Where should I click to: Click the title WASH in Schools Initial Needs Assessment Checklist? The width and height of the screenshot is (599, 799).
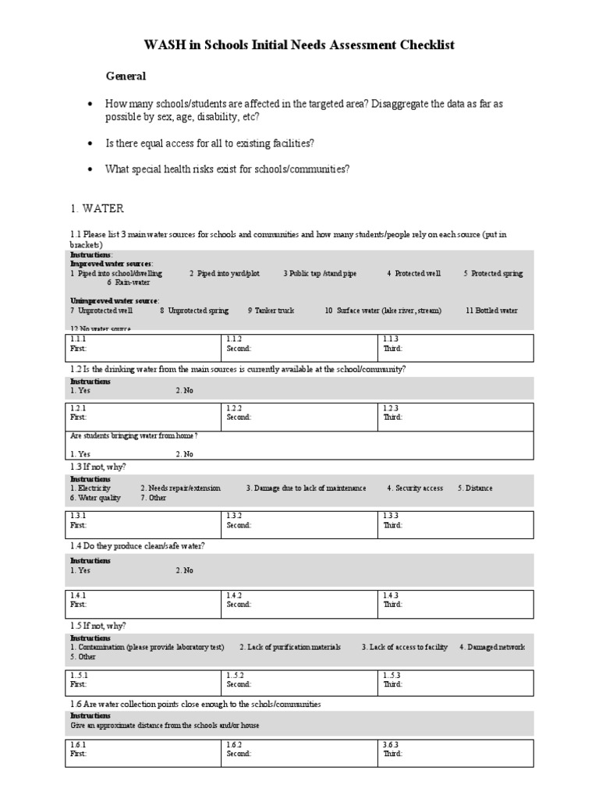pos(299,45)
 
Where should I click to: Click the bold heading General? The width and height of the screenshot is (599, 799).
pos(126,76)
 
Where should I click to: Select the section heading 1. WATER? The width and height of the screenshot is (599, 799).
pos(97,208)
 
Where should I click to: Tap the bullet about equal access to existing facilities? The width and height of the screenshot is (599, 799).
pos(210,143)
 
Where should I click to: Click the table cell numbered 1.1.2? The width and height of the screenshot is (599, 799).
pos(299,344)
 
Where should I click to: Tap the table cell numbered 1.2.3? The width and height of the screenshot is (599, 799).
pos(456,413)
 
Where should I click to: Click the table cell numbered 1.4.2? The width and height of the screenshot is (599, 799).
pos(299,600)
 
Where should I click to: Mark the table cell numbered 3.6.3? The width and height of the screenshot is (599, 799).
pos(456,750)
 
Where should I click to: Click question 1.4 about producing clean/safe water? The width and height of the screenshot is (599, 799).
pos(138,545)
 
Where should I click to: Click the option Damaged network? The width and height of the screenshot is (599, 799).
pos(491,648)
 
